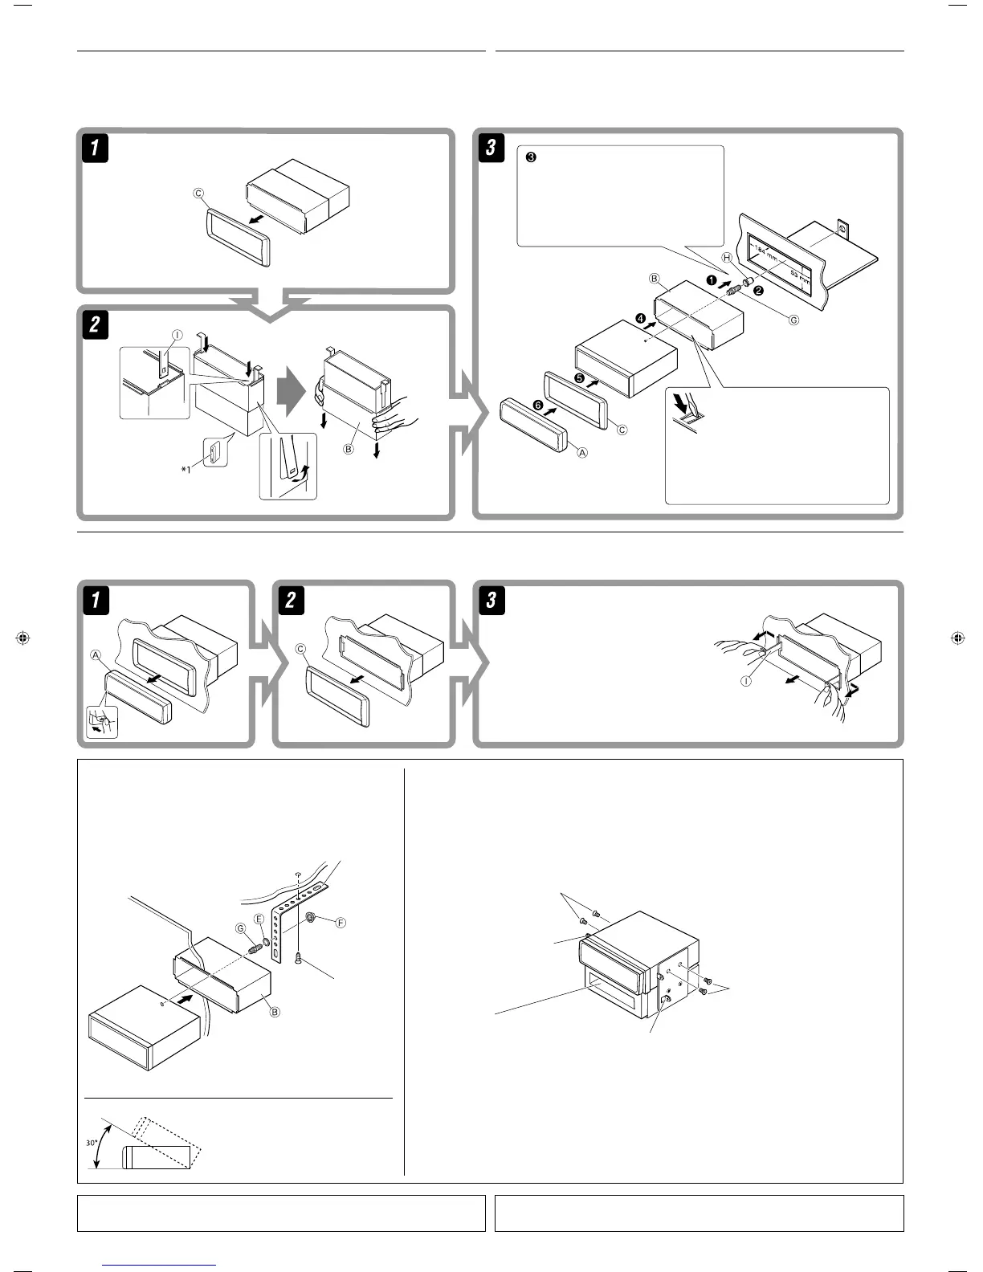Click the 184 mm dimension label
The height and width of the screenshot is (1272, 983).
768,256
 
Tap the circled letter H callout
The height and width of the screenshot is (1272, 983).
727,258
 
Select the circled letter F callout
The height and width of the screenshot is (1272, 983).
340,923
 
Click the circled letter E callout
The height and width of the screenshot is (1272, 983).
259,918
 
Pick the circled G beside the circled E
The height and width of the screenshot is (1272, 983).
240,928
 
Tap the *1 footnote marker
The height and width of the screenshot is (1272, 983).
186,470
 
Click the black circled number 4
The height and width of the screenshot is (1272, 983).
640,318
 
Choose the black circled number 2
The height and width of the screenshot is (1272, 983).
757,291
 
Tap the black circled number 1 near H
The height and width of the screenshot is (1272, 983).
712,279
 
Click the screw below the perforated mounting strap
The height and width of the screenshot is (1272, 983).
297,957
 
